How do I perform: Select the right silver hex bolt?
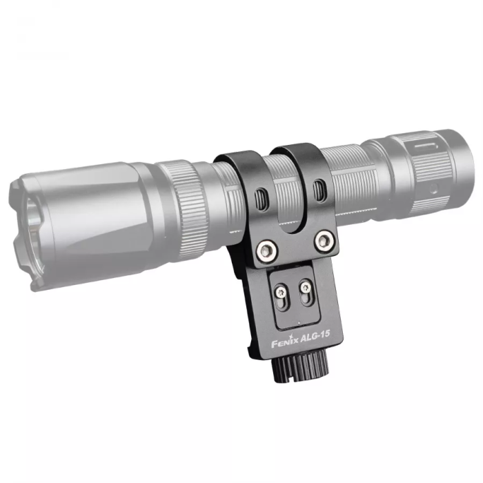[322, 240]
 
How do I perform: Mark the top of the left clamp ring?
[238, 157]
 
